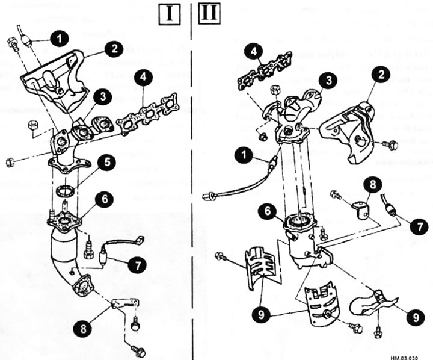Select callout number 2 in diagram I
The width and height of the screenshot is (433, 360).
click(112, 48)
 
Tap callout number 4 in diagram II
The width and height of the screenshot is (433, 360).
click(253, 53)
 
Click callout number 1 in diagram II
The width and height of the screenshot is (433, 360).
click(244, 158)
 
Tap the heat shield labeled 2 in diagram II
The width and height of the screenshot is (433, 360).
click(350, 132)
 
